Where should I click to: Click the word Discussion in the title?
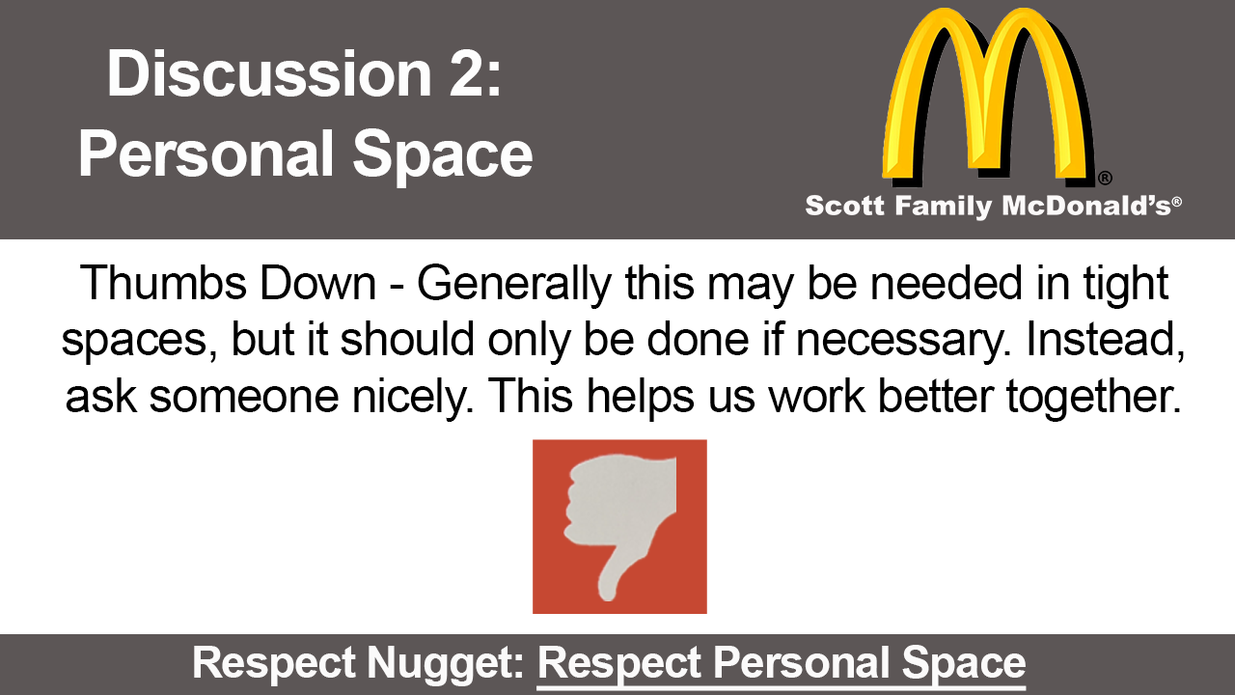pyautogui.click(x=269, y=74)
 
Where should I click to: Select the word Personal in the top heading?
pyautogui.click(x=206, y=153)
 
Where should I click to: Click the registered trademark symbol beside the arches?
pyautogui.click(x=1105, y=178)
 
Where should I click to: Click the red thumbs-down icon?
pyautogui.click(x=619, y=526)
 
